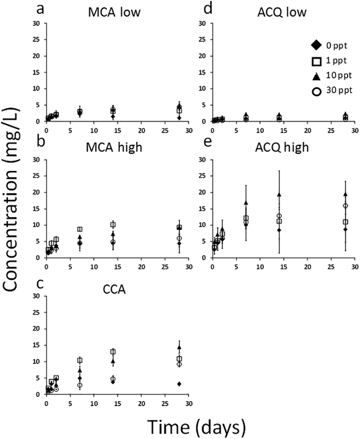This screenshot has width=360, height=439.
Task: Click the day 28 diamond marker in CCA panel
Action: tap(179, 384)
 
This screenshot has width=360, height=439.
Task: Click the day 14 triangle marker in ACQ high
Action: tap(279, 194)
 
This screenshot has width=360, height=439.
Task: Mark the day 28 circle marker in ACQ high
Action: tap(346, 206)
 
